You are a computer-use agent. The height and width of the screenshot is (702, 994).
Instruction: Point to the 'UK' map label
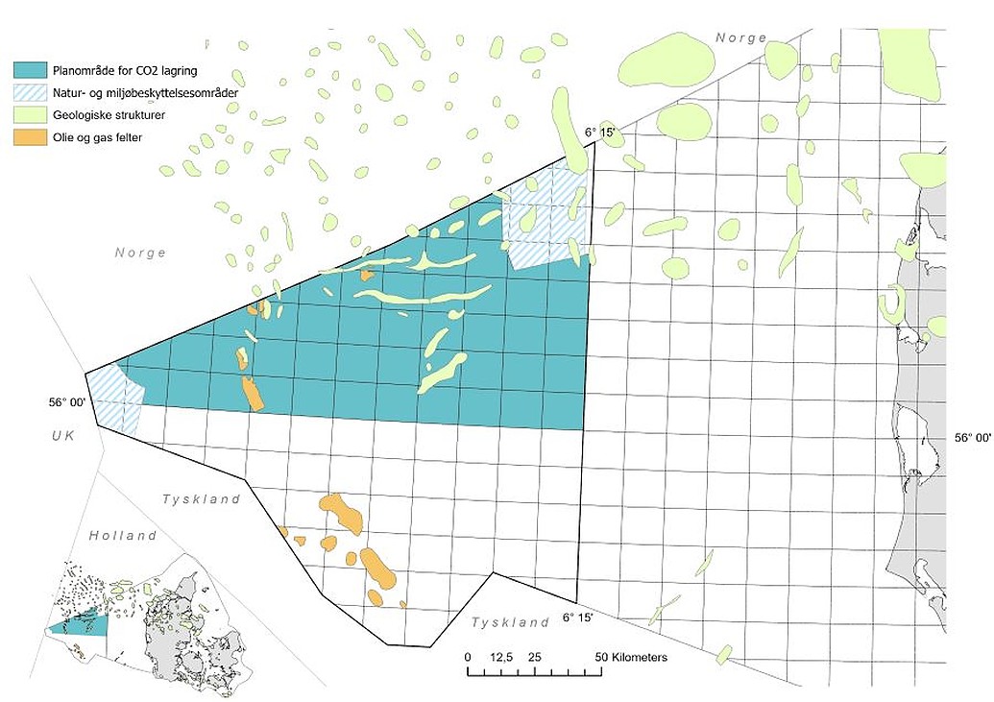click(x=63, y=435)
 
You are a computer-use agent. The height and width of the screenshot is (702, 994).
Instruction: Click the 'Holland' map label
click(x=123, y=535)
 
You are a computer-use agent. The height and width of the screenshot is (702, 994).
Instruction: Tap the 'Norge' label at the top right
click(x=740, y=38)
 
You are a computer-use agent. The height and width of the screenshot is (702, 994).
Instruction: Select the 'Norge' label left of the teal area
click(x=140, y=254)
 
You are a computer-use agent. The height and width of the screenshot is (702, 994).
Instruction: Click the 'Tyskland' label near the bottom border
click(x=510, y=622)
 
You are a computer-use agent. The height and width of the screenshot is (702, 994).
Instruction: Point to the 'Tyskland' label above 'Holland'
click(x=201, y=499)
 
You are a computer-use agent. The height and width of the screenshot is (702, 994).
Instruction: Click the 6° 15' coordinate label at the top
click(x=599, y=131)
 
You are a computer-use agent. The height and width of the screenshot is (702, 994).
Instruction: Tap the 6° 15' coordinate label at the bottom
click(x=581, y=617)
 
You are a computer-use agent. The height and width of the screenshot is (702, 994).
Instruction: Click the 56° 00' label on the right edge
click(x=972, y=438)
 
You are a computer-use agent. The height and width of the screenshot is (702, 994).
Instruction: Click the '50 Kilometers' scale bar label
click(x=632, y=658)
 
